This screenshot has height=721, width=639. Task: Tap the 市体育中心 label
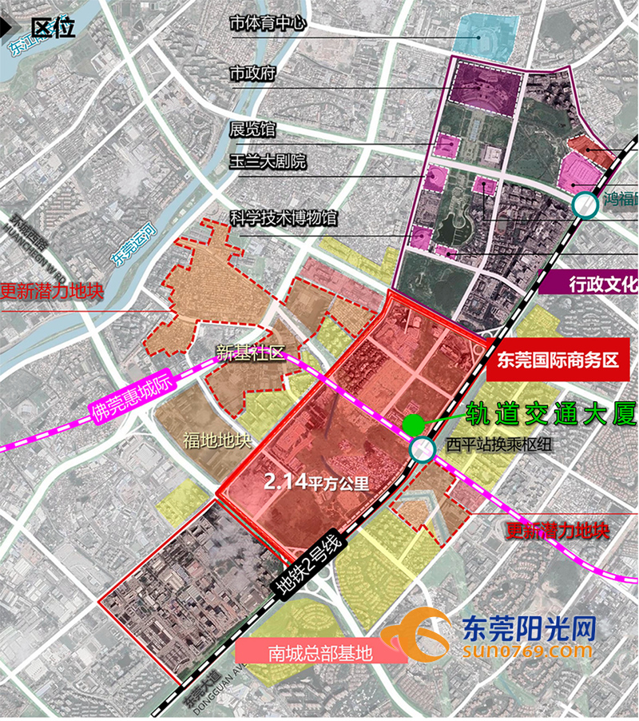[x=268, y=24]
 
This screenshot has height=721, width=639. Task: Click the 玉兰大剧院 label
[x=268, y=162]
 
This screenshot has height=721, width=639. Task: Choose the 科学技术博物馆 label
[x=284, y=217]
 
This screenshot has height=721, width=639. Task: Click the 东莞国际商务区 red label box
[x=559, y=360]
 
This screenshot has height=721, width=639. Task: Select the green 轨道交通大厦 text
[x=551, y=413]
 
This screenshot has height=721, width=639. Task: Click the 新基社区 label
[x=251, y=353]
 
